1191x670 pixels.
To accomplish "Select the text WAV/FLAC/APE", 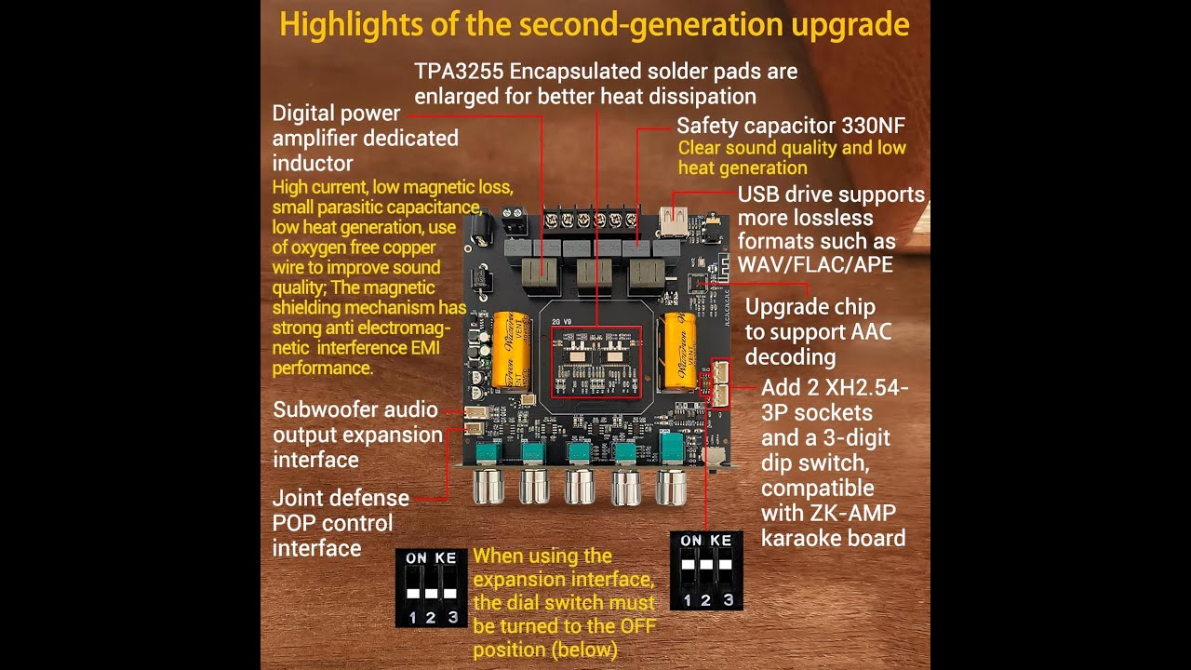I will click(815, 264).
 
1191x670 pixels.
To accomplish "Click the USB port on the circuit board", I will click(674, 221).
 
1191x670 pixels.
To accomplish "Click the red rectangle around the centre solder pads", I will click(595, 361).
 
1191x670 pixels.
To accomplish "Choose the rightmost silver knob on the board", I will click(672, 486).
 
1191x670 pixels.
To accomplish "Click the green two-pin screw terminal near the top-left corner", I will click(513, 221).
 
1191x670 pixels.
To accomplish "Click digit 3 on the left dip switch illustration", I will click(451, 617).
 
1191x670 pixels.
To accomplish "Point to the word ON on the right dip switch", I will click(691, 541).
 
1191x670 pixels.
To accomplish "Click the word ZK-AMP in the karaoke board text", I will click(852, 513).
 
